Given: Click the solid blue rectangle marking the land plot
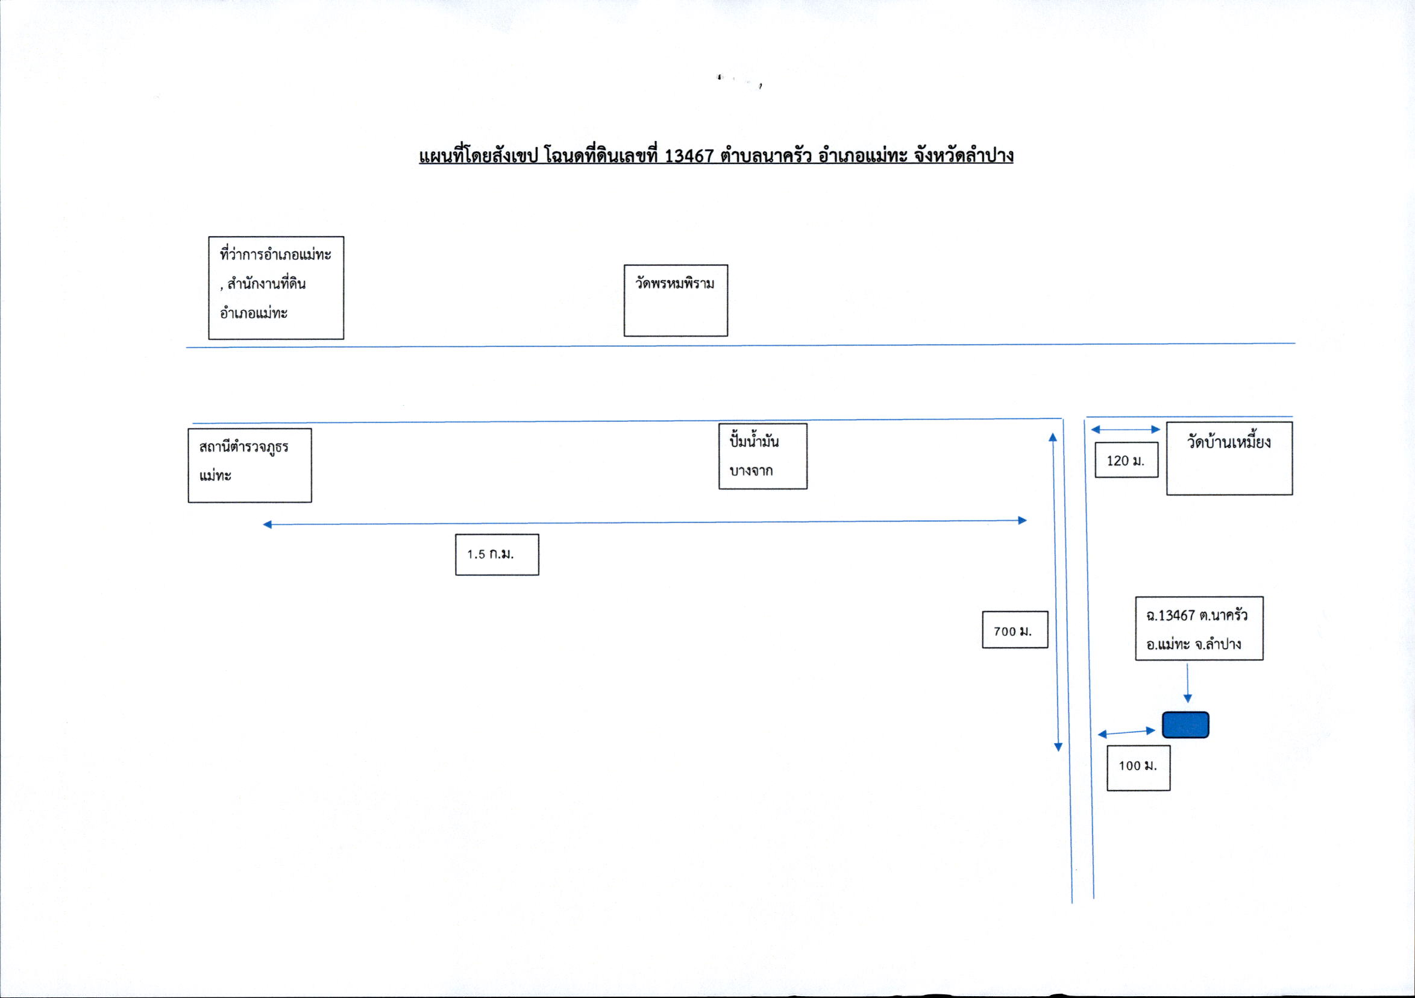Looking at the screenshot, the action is click(1185, 724).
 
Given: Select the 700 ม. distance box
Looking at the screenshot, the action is click(1015, 629).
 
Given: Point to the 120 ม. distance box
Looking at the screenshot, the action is click(1126, 460).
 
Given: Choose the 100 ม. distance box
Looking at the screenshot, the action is click(1138, 767).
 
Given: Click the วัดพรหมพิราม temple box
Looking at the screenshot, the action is click(676, 300).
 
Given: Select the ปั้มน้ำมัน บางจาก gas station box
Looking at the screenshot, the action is click(763, 456).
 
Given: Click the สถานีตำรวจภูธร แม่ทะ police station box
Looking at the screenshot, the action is click(249, 465).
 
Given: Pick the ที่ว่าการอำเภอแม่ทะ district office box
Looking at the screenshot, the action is click(276, 288).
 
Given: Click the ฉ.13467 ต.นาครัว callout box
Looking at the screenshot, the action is click(1199, 628).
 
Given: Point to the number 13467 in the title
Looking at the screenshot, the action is click(689, 155).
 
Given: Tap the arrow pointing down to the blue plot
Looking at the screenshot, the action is click(1187, 683).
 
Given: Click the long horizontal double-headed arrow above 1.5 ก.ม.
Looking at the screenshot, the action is click(645, 523).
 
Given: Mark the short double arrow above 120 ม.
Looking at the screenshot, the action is click(1125, 429).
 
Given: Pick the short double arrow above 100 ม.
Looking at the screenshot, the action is click(1126, 732).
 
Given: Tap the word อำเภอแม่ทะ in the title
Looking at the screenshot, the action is click(863, 155).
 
